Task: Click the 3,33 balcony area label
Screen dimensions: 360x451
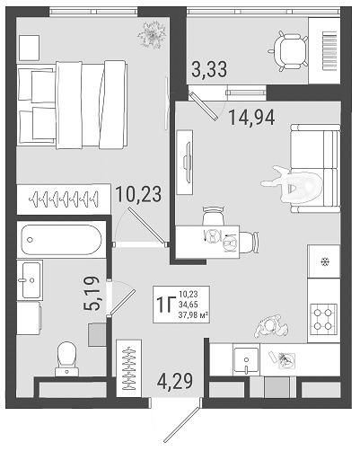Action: tap(209, 69)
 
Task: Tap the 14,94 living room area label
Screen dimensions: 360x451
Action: tap(251, 118)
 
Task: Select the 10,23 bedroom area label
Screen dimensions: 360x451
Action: tap(138, 194)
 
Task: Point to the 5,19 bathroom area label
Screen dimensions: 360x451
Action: tap(91, 294)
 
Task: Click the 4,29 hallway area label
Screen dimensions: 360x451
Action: tap(175, 381)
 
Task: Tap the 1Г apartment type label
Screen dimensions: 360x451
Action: tap(165, 304)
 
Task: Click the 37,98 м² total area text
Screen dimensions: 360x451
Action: tap(193, 314)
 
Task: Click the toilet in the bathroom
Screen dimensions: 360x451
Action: tap(67, 358)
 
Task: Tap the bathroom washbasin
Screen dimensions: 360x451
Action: tap(30, 280)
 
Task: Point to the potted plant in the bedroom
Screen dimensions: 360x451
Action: tap(152, 35)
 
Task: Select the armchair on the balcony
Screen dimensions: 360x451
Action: tap(288, 51)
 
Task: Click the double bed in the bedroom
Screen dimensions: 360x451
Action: tap(72, 104)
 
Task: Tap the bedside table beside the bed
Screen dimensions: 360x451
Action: tap(29, 48)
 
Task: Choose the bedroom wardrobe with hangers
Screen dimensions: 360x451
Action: tap(64, 199)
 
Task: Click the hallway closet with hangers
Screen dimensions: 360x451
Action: tap(129, 369)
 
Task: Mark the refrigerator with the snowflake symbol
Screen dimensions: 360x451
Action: tap(324, 261)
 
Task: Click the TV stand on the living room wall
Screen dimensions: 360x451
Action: tap(184, 162)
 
